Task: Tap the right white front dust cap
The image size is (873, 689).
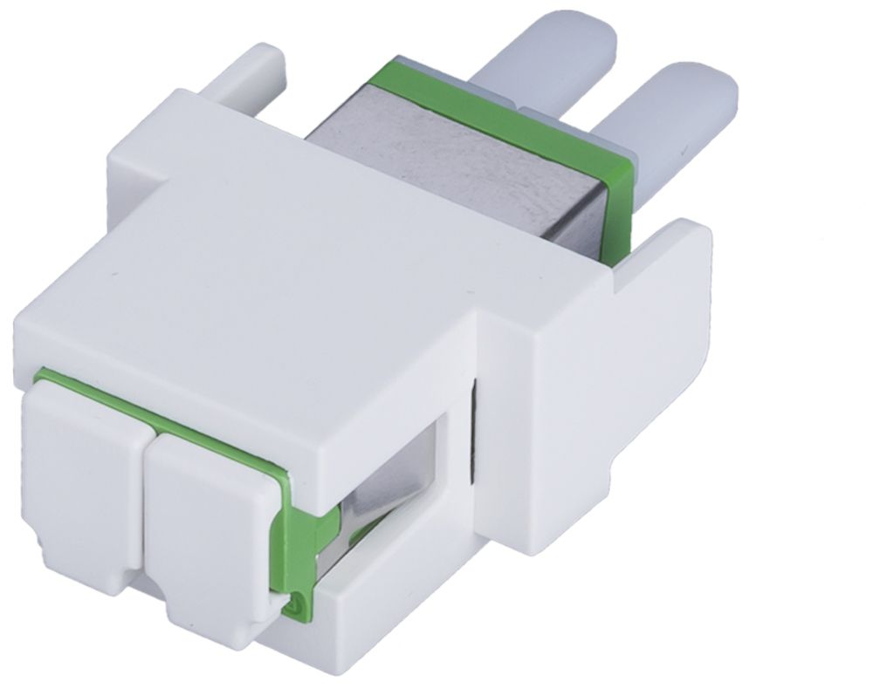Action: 210,523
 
